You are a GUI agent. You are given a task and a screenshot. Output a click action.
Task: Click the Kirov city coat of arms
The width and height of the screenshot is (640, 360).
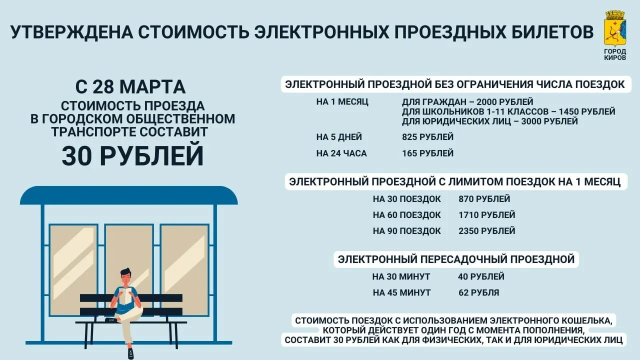pos(614,28)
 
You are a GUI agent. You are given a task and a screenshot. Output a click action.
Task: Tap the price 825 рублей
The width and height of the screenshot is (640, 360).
pos(427,137)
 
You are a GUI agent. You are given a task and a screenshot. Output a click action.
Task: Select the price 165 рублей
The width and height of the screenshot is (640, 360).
pos(427,153)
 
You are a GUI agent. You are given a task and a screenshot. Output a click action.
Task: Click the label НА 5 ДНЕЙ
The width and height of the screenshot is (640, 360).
pos(339,137)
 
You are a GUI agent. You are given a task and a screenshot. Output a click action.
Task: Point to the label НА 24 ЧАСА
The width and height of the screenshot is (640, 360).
pos(341,153)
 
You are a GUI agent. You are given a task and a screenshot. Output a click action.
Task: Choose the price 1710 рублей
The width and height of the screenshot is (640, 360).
pos(486,215)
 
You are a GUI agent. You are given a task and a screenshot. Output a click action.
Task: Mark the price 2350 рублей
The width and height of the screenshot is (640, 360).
pos(486,231)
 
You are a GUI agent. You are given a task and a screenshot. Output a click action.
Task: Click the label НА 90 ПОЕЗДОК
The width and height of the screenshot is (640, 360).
pos(406,231)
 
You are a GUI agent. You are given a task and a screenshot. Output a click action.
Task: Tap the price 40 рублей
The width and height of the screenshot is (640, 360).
pos(481,276)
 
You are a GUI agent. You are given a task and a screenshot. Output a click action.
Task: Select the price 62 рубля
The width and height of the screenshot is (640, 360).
pos(478,292)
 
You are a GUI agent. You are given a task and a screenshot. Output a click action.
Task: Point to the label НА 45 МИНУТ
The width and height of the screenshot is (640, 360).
pos(401,292)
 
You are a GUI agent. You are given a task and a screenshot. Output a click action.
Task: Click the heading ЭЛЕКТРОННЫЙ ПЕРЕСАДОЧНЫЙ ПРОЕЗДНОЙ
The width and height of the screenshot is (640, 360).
pos(456,259)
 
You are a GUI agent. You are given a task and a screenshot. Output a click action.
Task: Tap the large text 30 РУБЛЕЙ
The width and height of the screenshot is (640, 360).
pos(132,155)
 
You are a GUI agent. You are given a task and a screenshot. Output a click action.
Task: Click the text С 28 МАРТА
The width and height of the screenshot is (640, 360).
pos(130,86)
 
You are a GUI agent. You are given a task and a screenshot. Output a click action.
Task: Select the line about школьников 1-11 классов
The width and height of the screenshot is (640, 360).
pos(508,111)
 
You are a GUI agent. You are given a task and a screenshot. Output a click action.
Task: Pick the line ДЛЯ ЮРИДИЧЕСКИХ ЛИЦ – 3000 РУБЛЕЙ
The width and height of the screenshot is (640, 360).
pos(489,121)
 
